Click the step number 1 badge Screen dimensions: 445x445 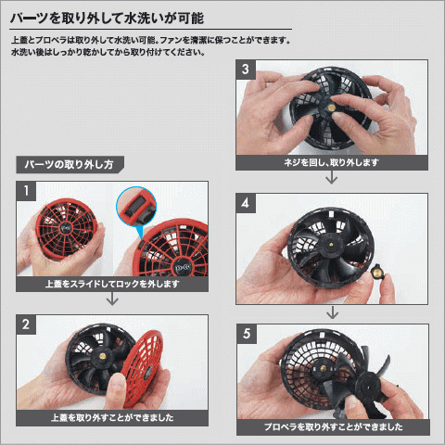point(26,191)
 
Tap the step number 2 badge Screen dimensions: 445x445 point(26,324)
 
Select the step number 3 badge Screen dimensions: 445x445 point(246,70)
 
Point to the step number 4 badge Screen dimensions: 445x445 point(246,203)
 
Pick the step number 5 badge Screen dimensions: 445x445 point(247,334)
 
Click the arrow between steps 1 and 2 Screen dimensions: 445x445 point(112,299)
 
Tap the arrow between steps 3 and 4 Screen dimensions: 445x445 point(332,177)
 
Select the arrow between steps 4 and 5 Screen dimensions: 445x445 point(332,312)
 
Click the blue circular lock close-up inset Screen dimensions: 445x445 point(136,207)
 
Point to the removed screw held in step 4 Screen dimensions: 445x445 point(377,272)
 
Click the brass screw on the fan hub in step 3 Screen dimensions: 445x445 point(332,108)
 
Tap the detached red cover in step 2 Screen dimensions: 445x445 point(142,367)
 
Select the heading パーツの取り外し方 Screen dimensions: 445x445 point(70,164)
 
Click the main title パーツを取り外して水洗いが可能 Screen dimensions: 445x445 point(107,19)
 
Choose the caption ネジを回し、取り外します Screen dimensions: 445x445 point(332,162)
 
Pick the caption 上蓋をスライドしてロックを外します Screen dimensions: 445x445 point(112,284)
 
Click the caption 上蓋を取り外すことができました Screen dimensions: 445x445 point(112,418)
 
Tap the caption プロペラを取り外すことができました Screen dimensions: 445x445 point(333,427)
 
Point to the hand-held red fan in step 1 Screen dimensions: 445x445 point(66,228)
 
